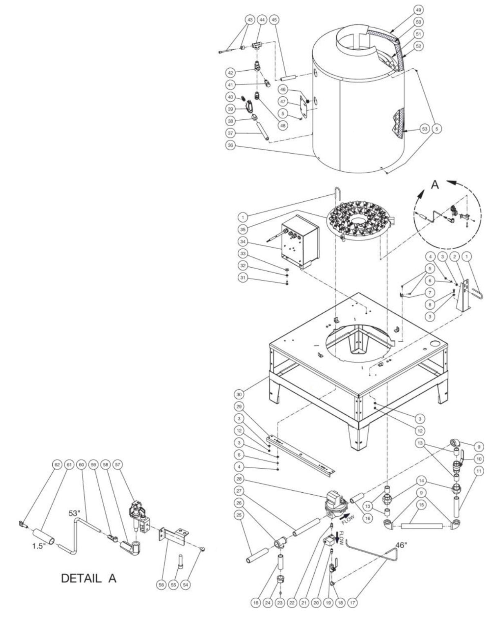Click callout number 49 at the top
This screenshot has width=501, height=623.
coord(407,9)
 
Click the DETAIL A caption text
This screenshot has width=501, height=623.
coord(89,578)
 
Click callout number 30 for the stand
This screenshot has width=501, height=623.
coord(239,394)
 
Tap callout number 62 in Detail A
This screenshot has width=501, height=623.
coord(57,465)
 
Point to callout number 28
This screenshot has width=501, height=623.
coord(239,478)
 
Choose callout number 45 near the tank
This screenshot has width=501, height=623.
coord(274,20)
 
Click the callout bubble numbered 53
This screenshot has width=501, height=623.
coord(425,129)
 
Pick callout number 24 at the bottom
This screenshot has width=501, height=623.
coord(268,602)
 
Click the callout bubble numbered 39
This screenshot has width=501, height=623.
coord(230,109)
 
